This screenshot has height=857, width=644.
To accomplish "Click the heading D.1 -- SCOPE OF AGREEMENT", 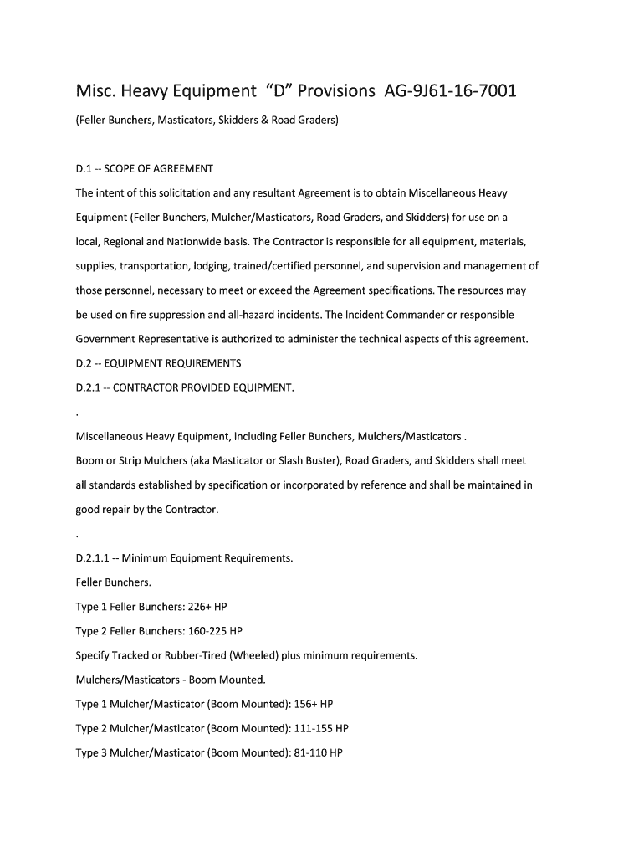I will coord(145,169).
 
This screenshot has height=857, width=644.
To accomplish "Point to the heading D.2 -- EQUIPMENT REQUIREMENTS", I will coord(158,363).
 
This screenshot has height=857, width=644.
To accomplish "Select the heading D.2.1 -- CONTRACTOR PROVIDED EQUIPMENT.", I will coord(185,387).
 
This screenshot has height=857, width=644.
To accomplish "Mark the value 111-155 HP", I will coord(321,728).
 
